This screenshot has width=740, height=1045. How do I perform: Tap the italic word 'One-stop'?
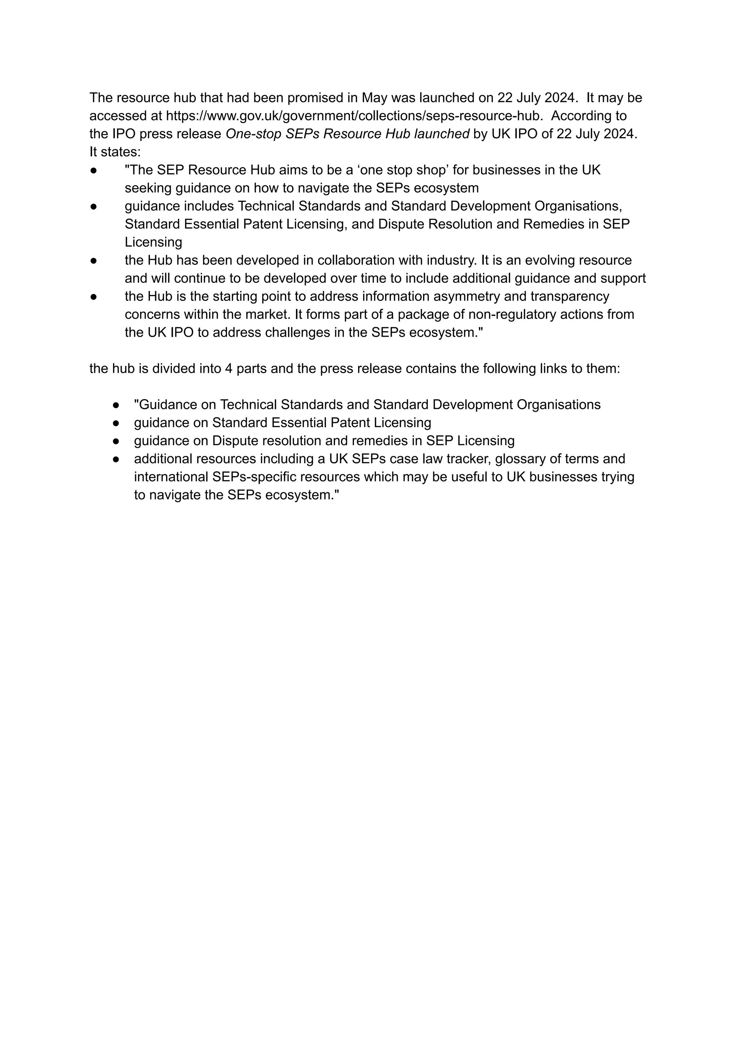(253, 134)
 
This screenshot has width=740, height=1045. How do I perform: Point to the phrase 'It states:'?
(115, 152)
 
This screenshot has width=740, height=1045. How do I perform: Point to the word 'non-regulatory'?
(512, 314)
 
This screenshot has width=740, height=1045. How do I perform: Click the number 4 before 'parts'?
(228, 368)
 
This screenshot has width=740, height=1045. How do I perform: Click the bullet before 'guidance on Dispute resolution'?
(116, 441)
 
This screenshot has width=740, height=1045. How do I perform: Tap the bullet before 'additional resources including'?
(116, 459)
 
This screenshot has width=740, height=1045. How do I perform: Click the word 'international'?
(171, 477)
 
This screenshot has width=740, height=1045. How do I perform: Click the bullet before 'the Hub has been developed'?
(94, 260)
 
